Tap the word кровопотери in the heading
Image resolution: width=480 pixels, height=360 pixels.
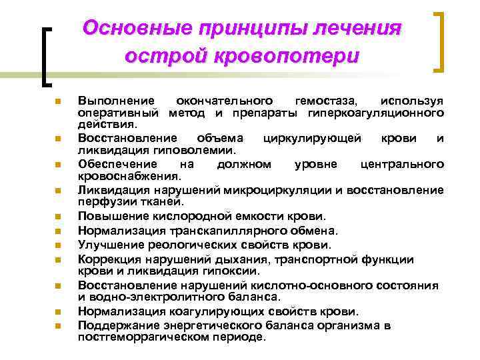[287, 55]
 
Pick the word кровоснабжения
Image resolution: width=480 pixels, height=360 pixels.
[129, 176]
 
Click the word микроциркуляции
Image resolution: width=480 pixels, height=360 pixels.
[294, 190]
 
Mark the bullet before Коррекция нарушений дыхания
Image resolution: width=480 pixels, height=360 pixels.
[59, 259]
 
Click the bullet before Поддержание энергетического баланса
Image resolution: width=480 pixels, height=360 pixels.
[59, 325]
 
